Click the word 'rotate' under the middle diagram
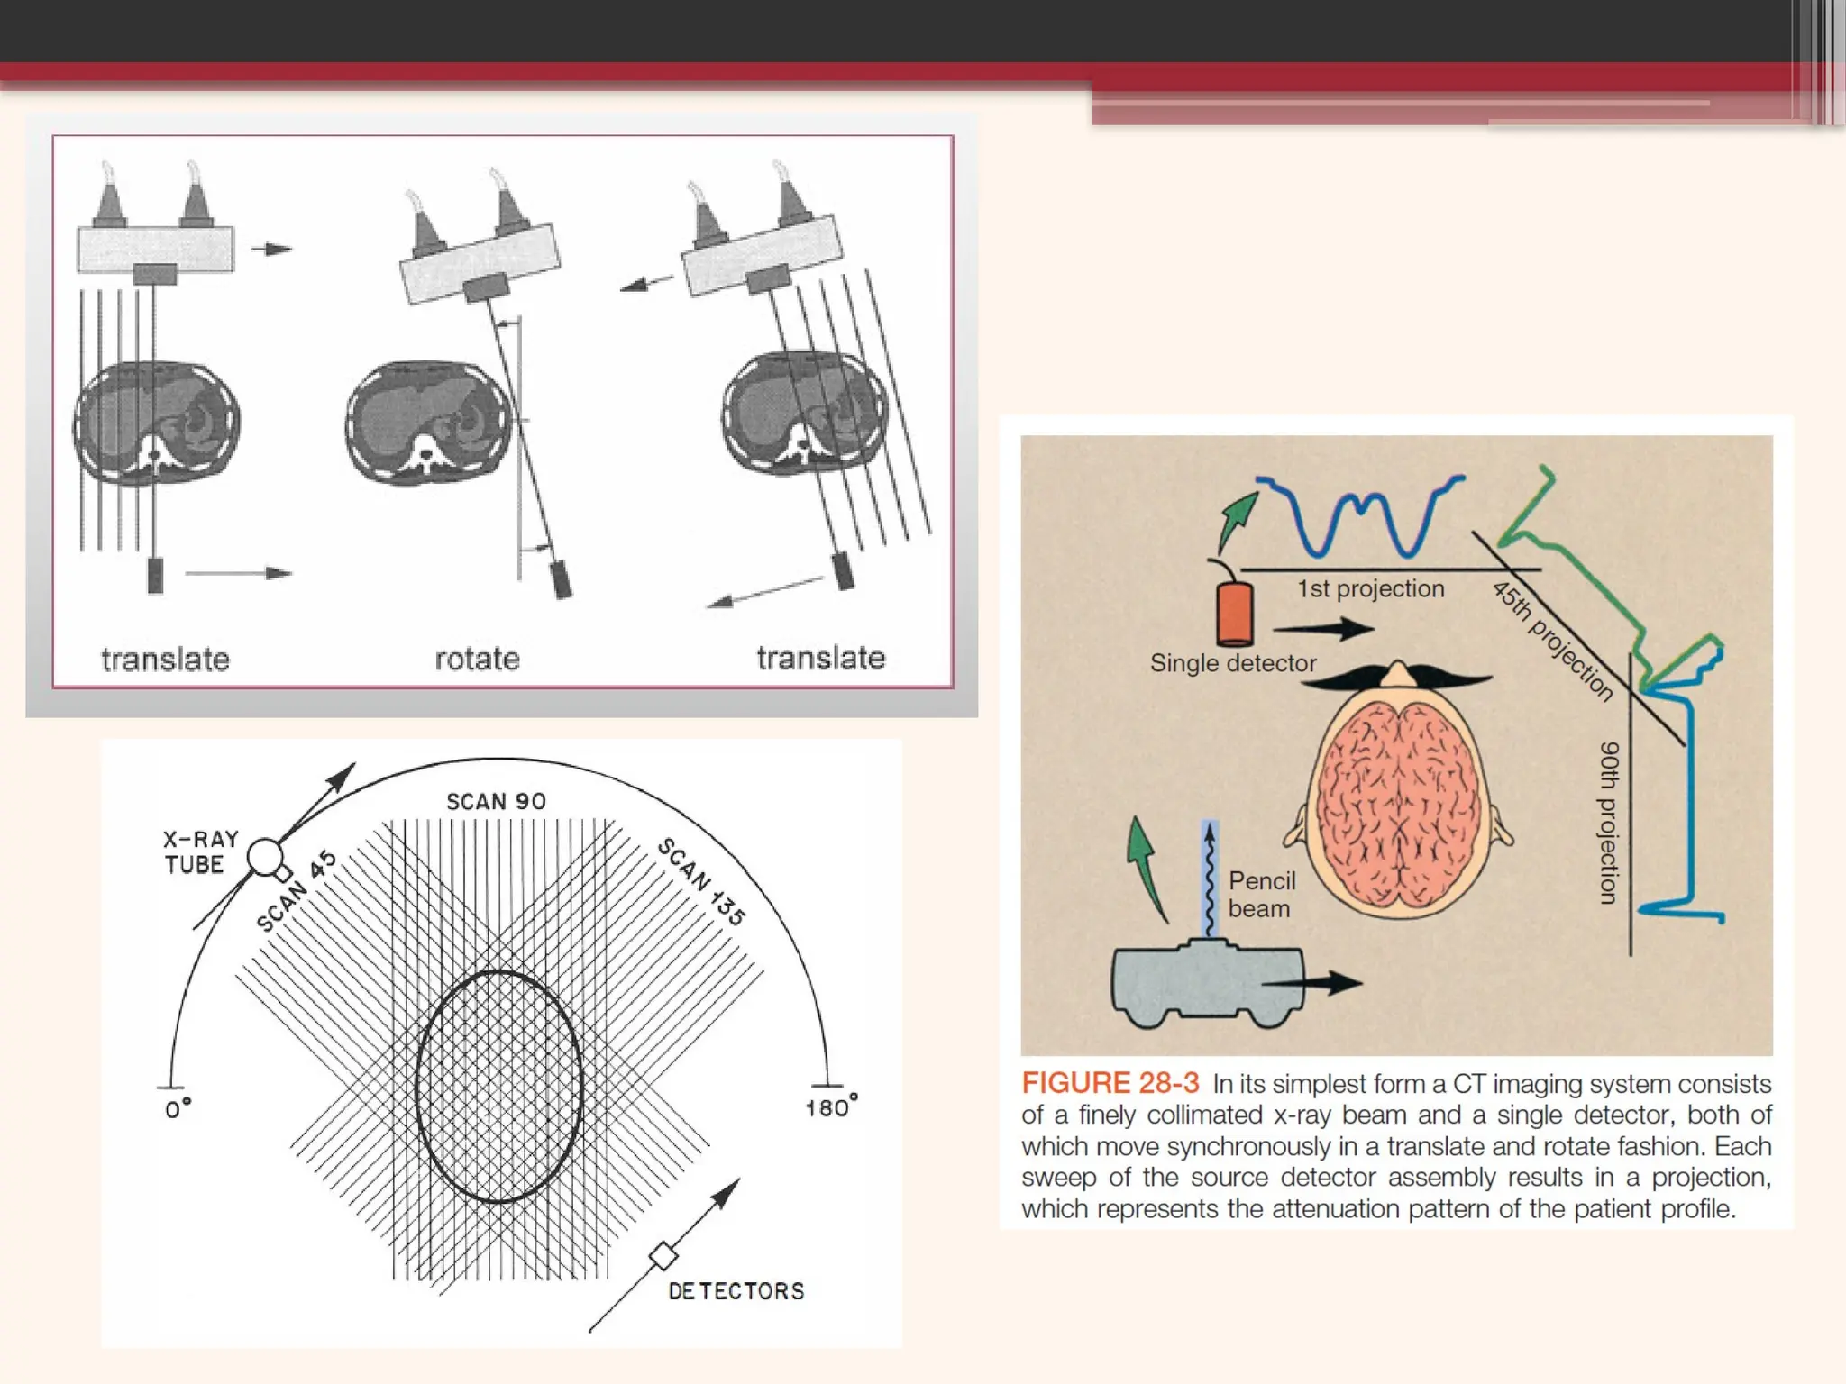pos(477,659)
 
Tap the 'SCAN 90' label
pos(496,801)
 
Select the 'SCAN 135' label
pos(702,881)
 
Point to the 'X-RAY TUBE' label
pos(200,851)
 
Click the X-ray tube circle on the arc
pos(265,857)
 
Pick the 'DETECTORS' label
pos(736,1291)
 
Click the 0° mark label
pos(178,1108)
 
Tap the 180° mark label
pos(830,1106)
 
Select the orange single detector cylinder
pos(1235,613)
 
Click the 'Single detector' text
pos(1232,663)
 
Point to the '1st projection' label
pos(1370,588)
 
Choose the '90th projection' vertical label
pos(1609,822)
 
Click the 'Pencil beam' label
pos(1261,894)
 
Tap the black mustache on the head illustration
pos(1396,678)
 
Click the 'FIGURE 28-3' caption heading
pos(1110,1083)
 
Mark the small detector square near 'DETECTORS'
pos(664,1254)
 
